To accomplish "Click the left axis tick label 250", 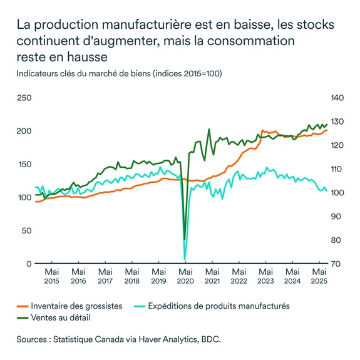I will pyautogui.click(x=24, y=98).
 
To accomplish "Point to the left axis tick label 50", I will pyautogui.click(x=26, y=230).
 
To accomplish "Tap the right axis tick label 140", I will pyautogui.click(x=337, y=98).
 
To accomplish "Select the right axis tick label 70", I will pyautogui.click(x=336, y=264).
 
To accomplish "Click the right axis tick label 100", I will pyautogui.click(x=337, y=193).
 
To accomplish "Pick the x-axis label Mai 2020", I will pyautogui.click(x=186, y=277).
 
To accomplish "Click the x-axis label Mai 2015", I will pyautogui.click(x=52, y=277).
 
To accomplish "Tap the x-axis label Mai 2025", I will pyautogui.click(x=320, y=277).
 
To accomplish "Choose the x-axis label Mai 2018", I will pyautogui.click(x=132, y=277).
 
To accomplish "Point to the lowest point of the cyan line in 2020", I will pyautogui.click(x=185, y=259).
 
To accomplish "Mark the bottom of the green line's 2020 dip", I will pyautogui.click(x=185, y=239).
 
